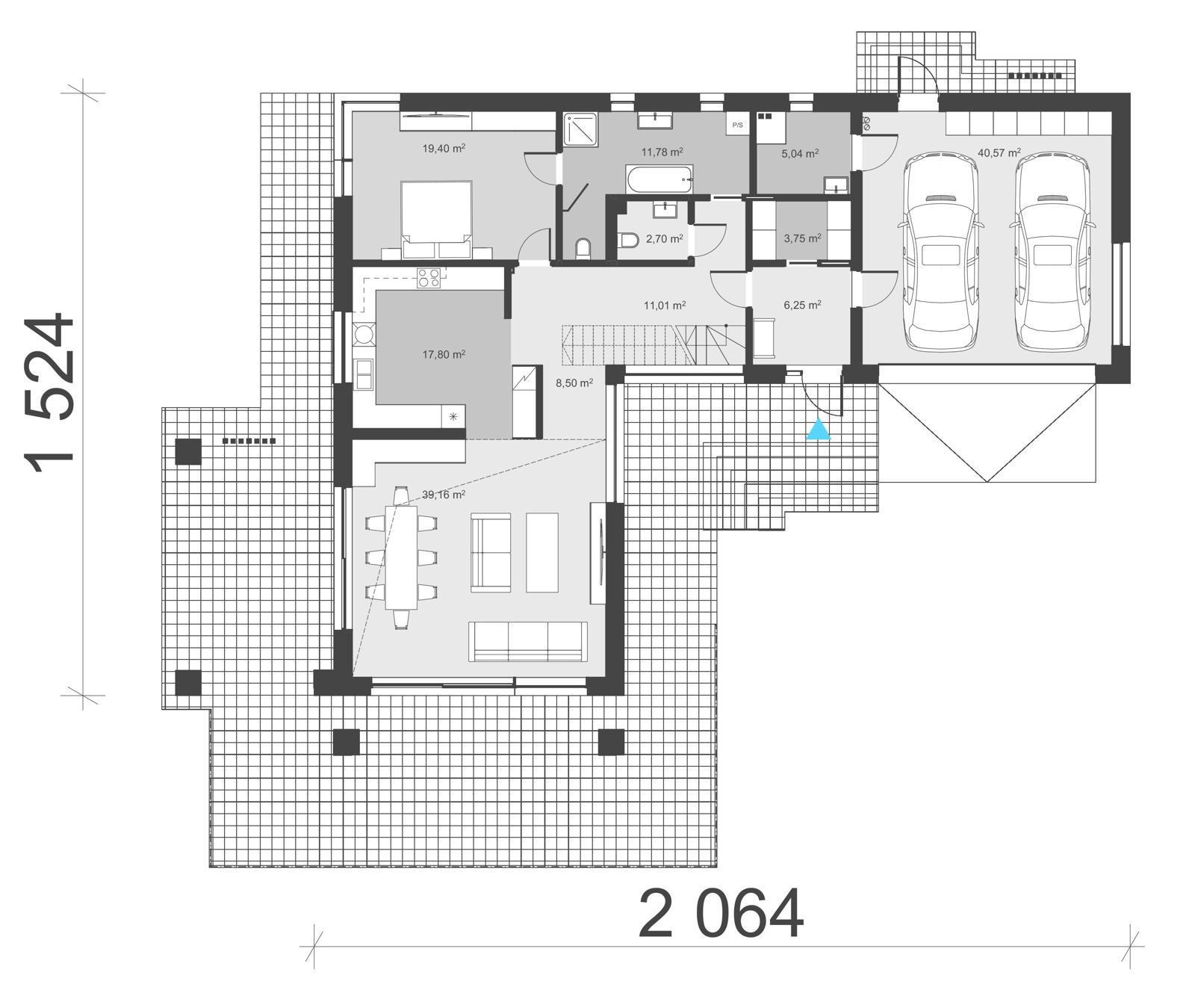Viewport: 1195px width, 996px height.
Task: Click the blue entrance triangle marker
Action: click(x=819, y=430)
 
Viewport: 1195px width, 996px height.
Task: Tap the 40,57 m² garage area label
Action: click(x=999, y=153)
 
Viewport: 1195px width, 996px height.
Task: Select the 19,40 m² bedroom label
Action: click(x=444, y=148)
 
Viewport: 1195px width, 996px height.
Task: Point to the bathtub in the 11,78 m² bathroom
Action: click(x=659, y=179)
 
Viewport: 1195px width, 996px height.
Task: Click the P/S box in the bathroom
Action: click(x=737, y=125)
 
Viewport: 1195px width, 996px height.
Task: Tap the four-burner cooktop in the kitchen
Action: click(x=429, y=277)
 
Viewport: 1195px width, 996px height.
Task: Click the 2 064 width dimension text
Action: click(x=721, y=914)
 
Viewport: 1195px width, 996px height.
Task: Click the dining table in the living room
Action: click(x=401, y=557)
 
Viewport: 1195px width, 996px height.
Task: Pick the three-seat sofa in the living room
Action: click(x=527, y=641)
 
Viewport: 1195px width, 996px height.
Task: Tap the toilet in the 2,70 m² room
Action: click(x=628, y=240)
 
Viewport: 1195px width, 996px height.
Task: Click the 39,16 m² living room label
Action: click(x=444, y=495)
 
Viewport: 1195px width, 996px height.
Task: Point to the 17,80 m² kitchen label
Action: click(x=444, y=354)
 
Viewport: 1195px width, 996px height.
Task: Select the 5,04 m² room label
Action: click(x=800, y=153)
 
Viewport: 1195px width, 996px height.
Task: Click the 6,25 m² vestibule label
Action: click(x=802, y=305)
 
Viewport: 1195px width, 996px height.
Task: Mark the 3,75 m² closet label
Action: click(x=802, y=238)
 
